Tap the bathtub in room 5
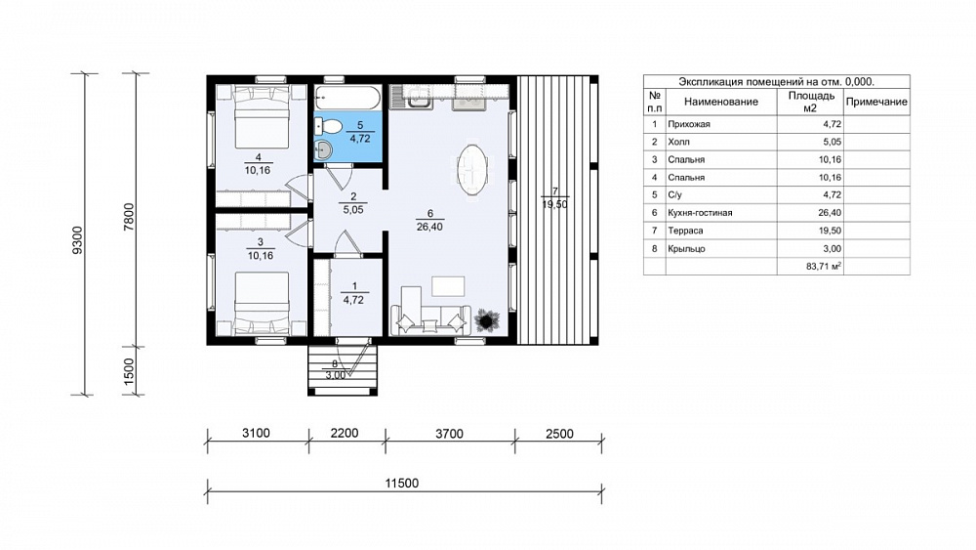347,98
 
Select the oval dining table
471,170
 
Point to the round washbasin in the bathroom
323,149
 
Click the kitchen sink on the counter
412,97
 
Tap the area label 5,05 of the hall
353,210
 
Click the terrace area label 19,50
554,203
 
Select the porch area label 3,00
335,375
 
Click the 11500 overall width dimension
401,483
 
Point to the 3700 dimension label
449,434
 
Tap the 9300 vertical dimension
77,239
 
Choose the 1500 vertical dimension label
129,372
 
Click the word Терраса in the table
685,231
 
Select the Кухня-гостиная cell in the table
700,213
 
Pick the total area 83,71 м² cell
824,266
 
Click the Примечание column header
876,102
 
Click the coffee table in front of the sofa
448,286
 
